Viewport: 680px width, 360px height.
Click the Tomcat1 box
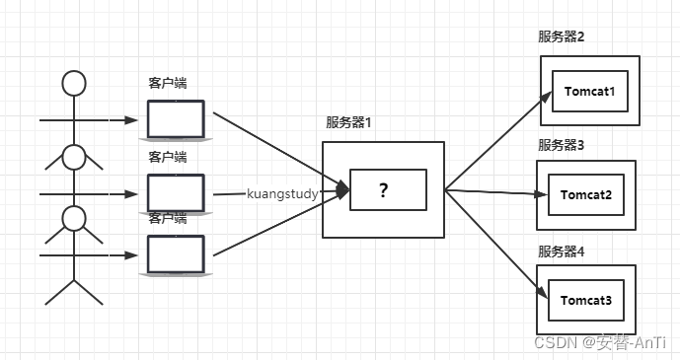589,92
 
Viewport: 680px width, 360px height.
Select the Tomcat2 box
588,194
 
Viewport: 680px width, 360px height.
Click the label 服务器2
562,37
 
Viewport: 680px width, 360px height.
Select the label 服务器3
562,145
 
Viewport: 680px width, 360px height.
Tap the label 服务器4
562,252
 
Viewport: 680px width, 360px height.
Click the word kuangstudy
282,194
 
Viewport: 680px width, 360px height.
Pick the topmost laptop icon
176,119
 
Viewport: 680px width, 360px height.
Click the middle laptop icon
176,191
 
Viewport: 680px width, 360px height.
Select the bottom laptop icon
176,253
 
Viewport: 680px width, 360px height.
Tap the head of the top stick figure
74,82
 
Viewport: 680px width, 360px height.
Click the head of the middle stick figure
74,156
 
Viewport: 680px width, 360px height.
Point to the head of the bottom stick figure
74,217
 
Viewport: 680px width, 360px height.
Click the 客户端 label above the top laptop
168,83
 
